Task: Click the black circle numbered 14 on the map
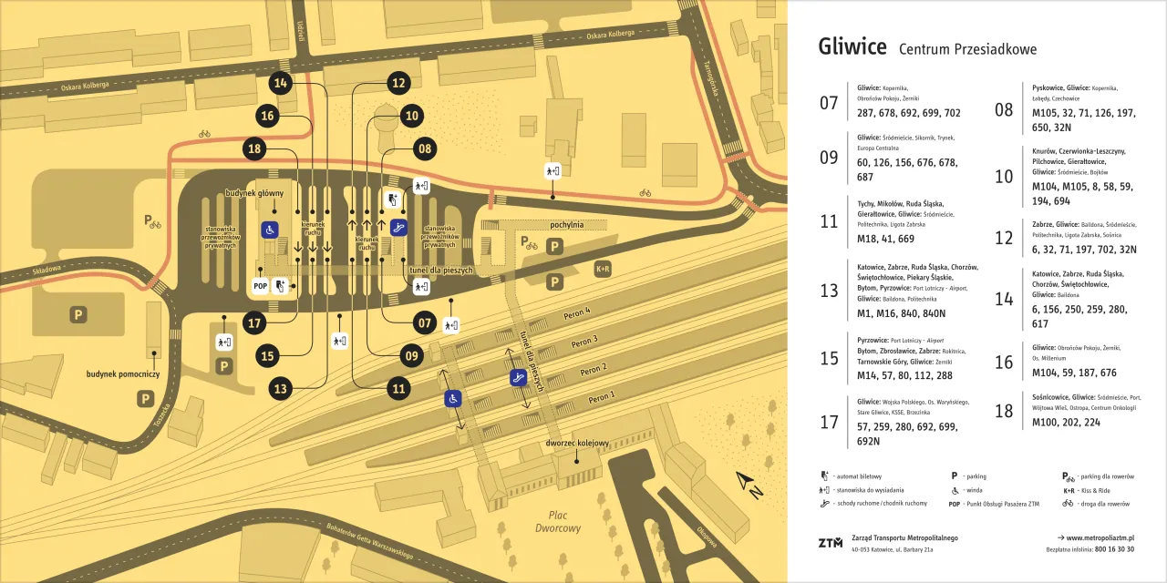point(281,83)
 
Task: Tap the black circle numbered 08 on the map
point(424,148)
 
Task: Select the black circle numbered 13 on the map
point(281,389)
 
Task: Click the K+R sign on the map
point(603,269)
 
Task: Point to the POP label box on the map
point(260,286)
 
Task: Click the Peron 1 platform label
point(601,398)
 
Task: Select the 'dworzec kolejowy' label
point(576,444)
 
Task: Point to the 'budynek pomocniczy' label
point(123,374)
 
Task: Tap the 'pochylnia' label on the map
point(566,224)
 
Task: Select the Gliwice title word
point(852,47)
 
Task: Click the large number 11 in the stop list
point(828,221)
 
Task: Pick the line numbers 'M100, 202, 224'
point(1066,422)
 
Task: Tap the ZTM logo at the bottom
point(830,543)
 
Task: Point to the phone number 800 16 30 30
point(1114,549)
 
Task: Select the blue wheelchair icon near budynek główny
point(269,230)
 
